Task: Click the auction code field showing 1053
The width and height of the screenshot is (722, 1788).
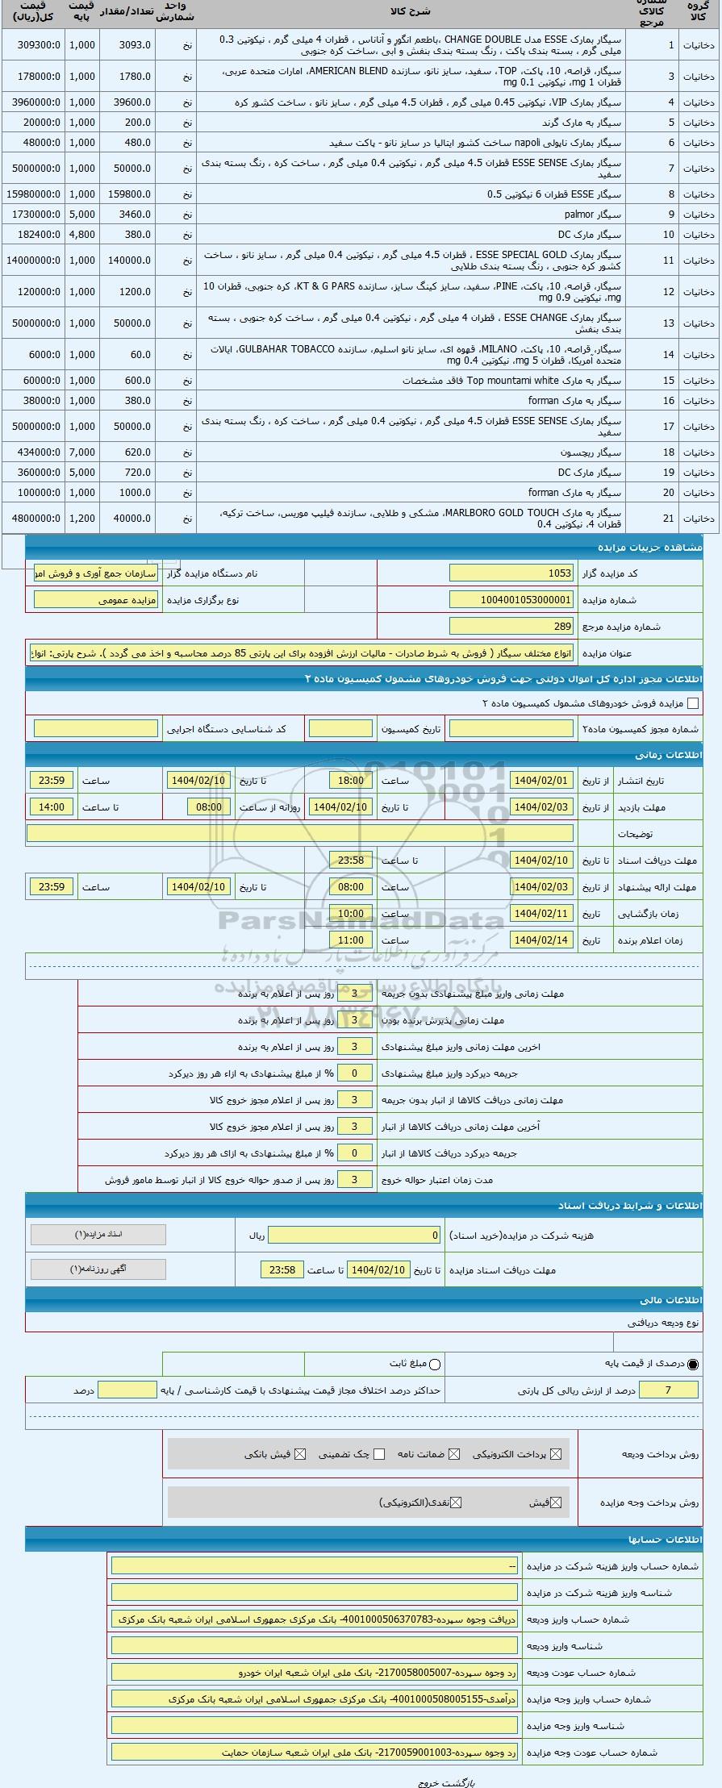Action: (x=511, y=573)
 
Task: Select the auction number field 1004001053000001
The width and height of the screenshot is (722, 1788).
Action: (x=511, y=600)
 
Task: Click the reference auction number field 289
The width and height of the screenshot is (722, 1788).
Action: (x=511, y=626)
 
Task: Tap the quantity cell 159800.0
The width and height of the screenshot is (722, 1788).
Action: (x=129, y=194)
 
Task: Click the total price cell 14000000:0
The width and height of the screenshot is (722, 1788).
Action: (x=33, y=260)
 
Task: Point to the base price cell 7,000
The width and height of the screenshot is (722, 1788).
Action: (x=81, y=452)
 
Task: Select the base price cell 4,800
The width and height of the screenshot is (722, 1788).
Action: (x=81, y=235)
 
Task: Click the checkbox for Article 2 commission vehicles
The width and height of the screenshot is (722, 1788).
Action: (x=692, y=703)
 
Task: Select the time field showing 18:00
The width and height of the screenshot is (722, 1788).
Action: (x=350, y=781)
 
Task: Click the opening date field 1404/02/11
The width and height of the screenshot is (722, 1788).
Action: (x=541, y=914)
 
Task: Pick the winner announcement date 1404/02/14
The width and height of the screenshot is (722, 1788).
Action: (x=541, y=940)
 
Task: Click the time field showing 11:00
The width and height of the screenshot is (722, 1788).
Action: (x=350, y=940)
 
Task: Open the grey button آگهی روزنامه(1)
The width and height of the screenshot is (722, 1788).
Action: (x=98, y=1269)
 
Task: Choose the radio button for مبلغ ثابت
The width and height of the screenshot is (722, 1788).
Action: (x=435, y=1364)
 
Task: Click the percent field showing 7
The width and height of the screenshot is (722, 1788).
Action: (x=667, y=1390)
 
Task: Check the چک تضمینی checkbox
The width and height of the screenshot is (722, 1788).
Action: (x=379, y=1454)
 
